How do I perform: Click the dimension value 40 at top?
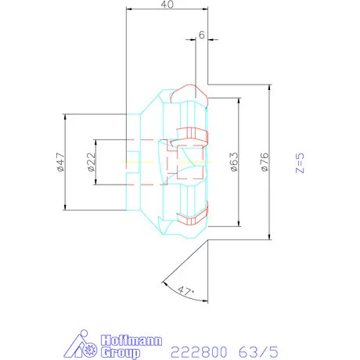coord(165,5)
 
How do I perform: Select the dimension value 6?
coord(203,36)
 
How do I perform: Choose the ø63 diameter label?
coord(232,162)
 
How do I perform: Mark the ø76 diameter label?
coord(264,162)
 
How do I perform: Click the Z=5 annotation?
coord(298,162)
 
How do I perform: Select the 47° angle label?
coord(185,291)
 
